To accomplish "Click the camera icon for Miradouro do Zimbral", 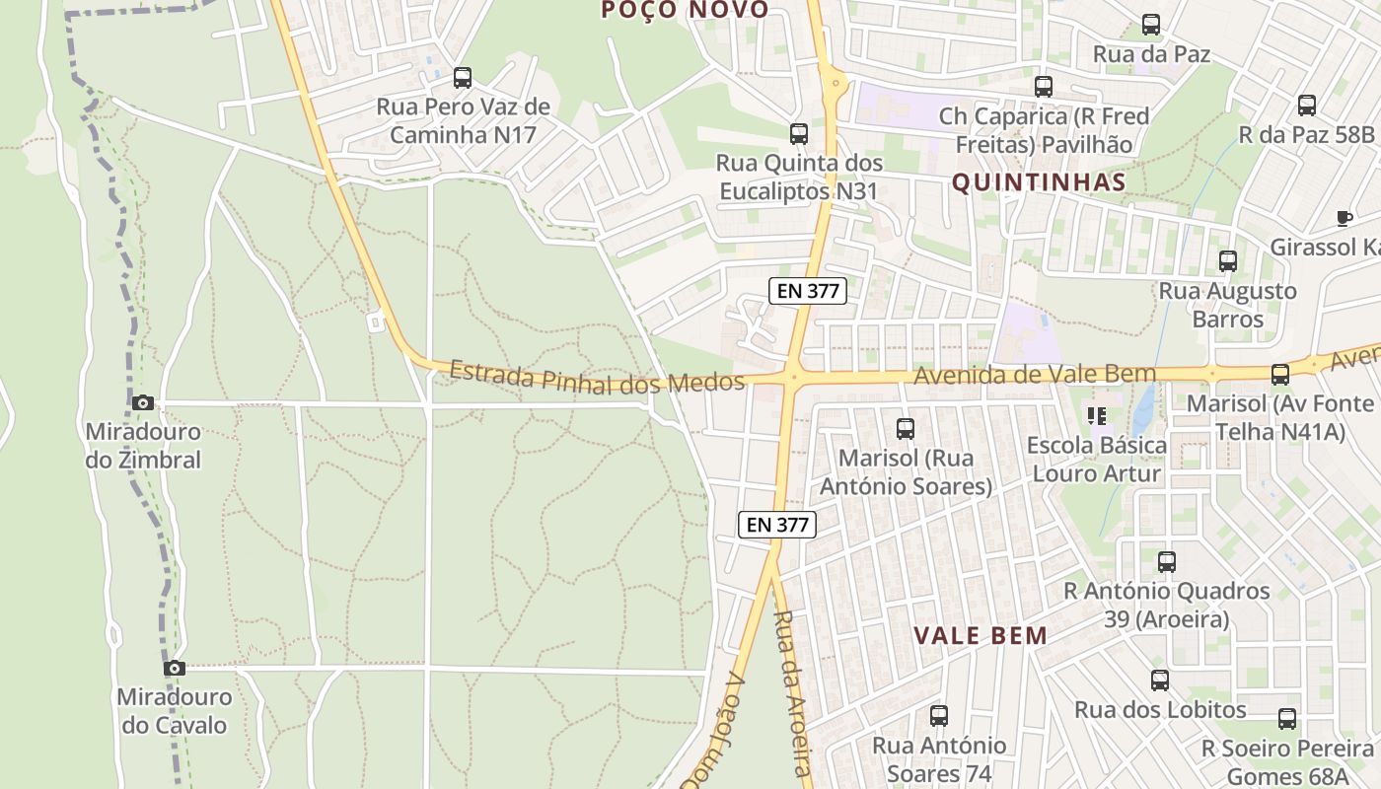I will point(143,402).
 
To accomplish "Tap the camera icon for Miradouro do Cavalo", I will point(175,668).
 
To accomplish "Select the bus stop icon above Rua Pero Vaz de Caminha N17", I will point(462,77).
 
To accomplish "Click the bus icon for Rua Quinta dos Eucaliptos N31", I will point(799,133).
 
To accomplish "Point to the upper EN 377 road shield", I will point(808,290).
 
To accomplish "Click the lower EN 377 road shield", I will point(778,525).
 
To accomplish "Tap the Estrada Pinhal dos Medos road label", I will point(596,378).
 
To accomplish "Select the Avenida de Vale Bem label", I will point(1034,375).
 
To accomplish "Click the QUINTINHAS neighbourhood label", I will point(1039,182).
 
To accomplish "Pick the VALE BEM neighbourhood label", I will point(981,635).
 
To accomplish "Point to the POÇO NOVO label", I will point(685,10).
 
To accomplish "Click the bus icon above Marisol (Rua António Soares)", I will point(905,428).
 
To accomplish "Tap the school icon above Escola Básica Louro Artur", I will point(1096,416).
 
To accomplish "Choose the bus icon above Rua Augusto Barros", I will point(1227,261).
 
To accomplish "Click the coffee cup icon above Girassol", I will point(1343,218).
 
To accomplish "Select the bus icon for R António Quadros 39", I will point(1167,562).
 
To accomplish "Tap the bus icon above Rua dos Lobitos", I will point(1160,680).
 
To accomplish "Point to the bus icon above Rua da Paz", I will point(1150,25).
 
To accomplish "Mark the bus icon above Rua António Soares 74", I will point(938,716).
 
